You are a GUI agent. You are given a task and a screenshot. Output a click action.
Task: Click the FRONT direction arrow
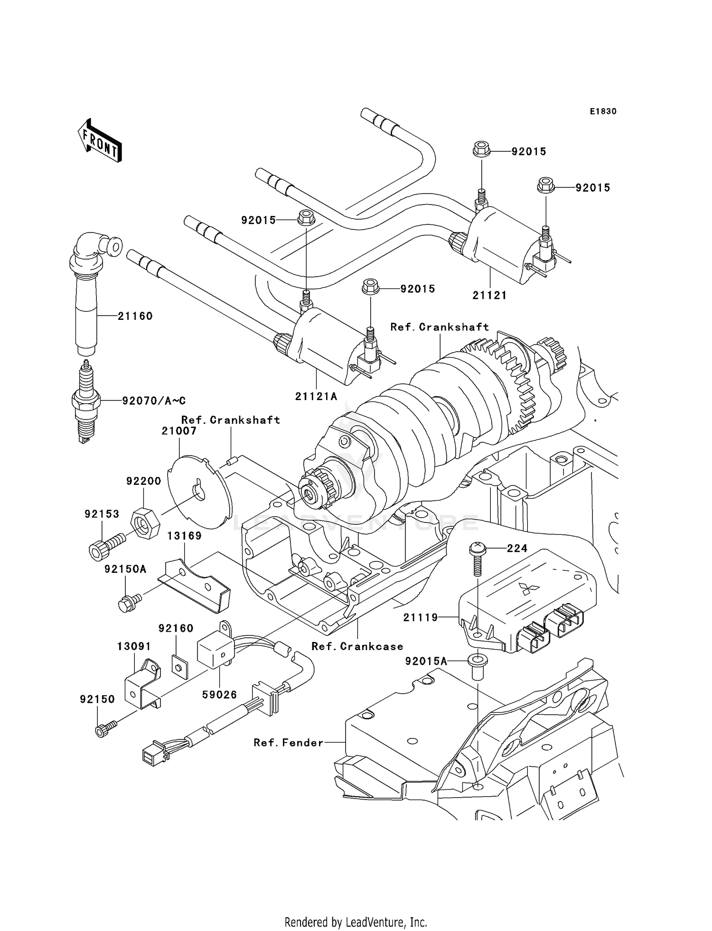[x=100, y=141]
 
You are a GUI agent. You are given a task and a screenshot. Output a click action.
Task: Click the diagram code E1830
[x=603, y=112]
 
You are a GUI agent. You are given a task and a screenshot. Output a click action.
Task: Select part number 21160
[x=135, y=316]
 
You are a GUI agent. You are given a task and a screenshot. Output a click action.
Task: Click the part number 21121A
[x=316, y=396]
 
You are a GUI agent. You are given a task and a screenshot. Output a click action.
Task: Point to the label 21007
[x=179, y=431]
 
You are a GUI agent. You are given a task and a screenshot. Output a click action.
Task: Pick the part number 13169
[x=184, y=536]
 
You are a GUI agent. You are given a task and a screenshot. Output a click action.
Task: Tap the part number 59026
[x=219, y=695]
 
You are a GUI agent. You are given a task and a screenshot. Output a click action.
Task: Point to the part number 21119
[x=421, y=617]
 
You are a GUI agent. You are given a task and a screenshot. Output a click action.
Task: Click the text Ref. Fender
[x=288, y=743]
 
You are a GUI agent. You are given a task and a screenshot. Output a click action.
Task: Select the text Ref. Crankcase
[x=357, y=646]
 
